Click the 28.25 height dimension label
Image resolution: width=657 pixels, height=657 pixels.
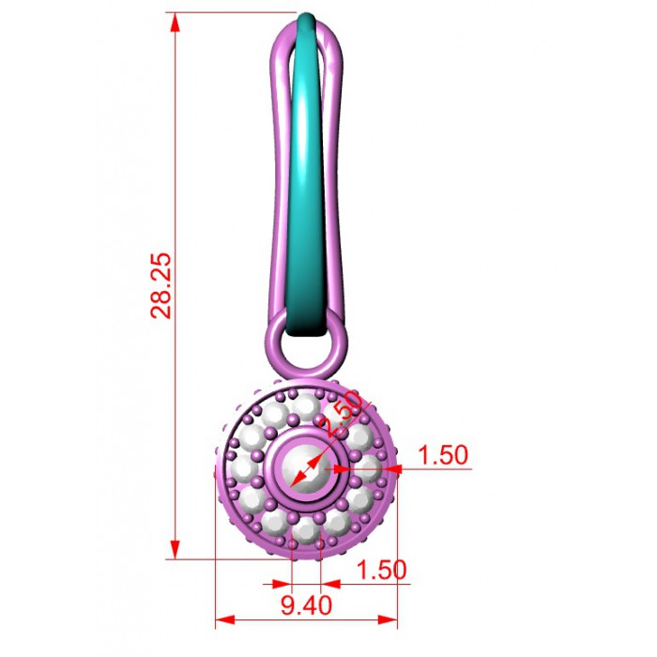[161, 285]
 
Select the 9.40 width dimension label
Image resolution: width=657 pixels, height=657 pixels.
[306, 605]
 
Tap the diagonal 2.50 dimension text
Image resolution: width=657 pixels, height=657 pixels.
[340, 413]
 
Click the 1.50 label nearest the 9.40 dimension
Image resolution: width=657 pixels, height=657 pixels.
[381, 570]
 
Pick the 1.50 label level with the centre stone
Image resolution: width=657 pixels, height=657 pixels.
[443, 455]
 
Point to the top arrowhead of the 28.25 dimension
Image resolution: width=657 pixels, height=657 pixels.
[176, 23]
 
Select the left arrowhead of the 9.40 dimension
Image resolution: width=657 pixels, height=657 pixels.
[224, 619]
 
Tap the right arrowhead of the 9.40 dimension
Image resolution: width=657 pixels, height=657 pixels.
[388, 619]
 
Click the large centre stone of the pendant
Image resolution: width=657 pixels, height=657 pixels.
[306, 468]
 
